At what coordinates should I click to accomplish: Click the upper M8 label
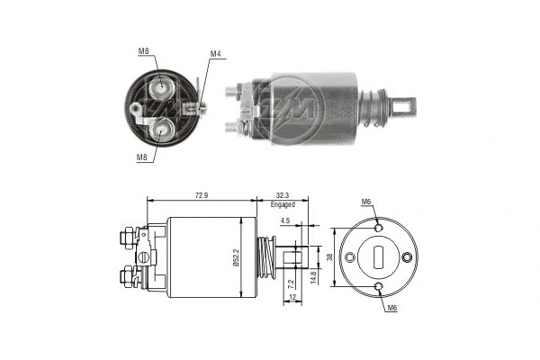tap(144, 50)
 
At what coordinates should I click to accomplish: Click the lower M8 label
tap(143, 157)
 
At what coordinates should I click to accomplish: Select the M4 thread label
tap(215, 54)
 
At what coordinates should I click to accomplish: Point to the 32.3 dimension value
tap(283, 193)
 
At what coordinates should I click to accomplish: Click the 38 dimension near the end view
tap(330, 256)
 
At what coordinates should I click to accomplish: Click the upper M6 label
tap(366, 201)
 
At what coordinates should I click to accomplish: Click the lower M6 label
tap(391, 309)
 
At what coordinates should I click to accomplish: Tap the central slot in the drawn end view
tap(378, 256)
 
